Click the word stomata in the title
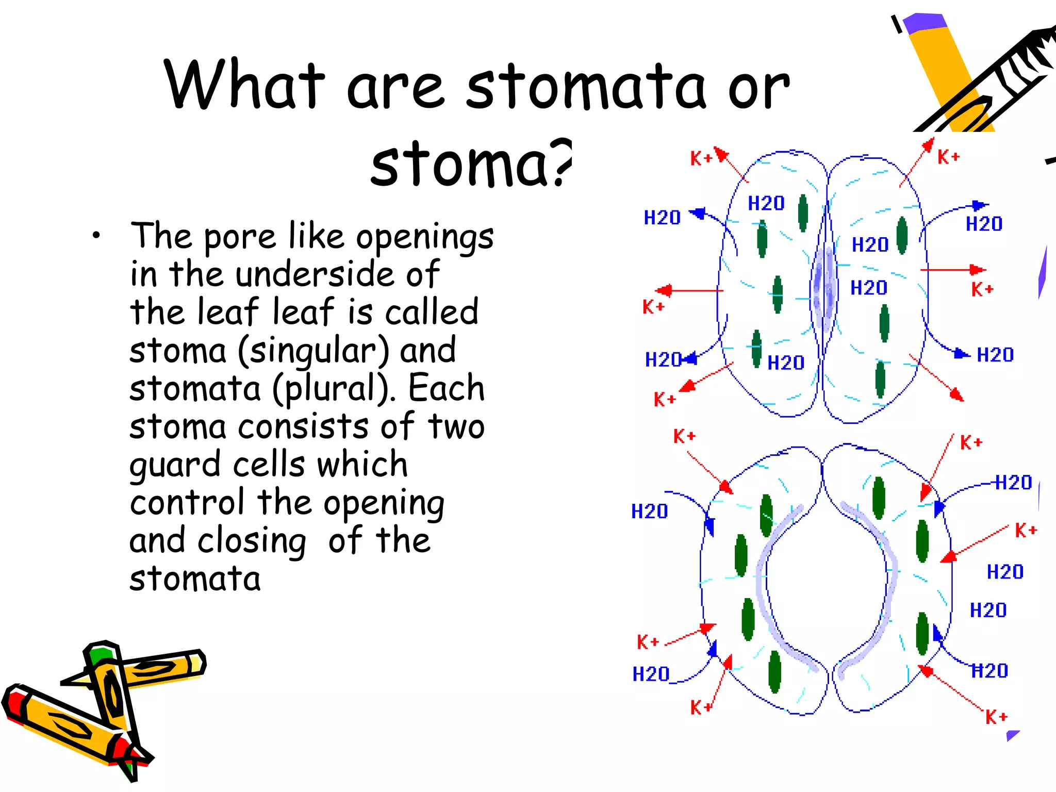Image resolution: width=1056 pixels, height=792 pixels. (585, 87)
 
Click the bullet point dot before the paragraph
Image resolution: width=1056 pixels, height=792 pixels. (96, 236)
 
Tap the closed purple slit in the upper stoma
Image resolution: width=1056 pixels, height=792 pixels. (823, 289)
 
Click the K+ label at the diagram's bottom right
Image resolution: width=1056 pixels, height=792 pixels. (996, 717)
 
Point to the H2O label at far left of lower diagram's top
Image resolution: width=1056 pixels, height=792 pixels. (650, 511)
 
